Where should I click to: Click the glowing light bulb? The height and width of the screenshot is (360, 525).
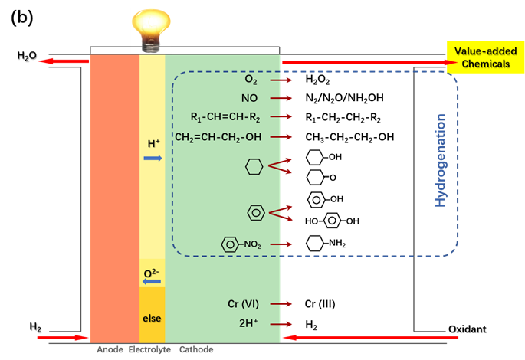coord(152,29)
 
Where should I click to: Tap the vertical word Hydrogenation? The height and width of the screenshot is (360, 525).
coord(441,160)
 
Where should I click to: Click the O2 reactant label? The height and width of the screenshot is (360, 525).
coord(251,80)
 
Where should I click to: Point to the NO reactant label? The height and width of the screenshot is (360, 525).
coord(250,98)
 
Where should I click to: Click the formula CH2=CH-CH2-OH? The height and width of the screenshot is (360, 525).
coord(218,137)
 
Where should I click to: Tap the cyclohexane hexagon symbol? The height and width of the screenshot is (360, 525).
coord(254,166)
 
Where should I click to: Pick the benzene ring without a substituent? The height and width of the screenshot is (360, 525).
coord(256,212)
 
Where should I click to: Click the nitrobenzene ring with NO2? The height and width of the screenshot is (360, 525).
coord(230,244)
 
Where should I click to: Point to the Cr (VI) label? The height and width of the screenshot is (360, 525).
coord(245,303)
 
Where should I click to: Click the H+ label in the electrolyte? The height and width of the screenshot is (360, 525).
coord(153,144)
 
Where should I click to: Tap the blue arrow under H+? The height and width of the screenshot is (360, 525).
coord(153,158)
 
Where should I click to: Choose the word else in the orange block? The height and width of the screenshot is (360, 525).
coord(152,318)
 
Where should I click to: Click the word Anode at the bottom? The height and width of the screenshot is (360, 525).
coord(110,349)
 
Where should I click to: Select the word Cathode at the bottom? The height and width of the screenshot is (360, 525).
coord(195,349)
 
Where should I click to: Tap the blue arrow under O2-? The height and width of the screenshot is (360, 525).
coord(152,282)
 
